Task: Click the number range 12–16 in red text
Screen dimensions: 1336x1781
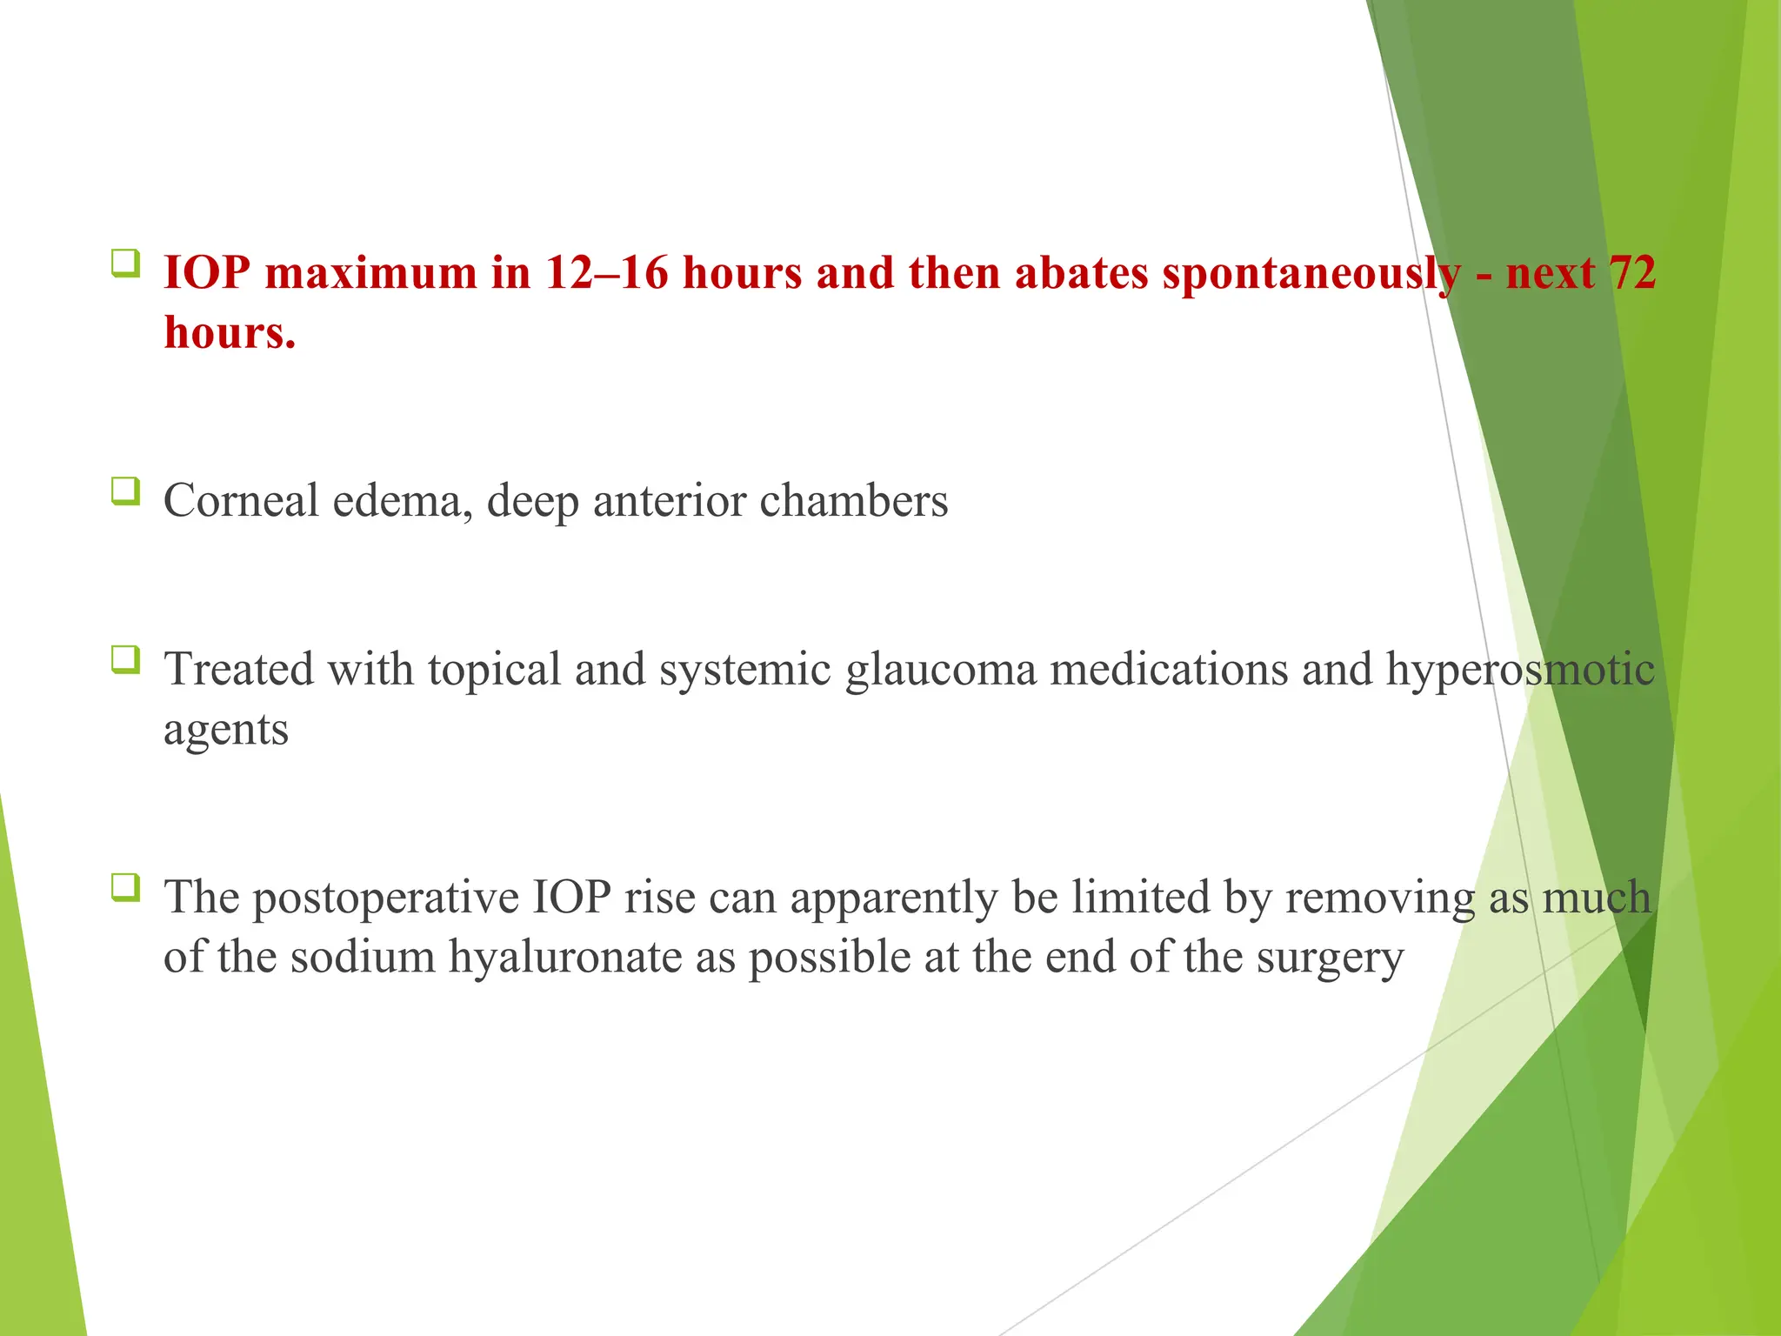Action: tap(607, 273)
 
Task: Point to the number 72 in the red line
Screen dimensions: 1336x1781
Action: tap(1631, 273)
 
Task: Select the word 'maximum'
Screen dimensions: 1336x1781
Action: tap(371, 273)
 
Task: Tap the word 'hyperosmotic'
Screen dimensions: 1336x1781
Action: tap(1519, 671)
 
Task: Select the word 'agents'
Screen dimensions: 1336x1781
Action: tap(226, 731)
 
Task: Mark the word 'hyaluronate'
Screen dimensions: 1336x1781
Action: tap(591, 958)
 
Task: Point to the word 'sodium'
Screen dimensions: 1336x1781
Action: tap(363, 958)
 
